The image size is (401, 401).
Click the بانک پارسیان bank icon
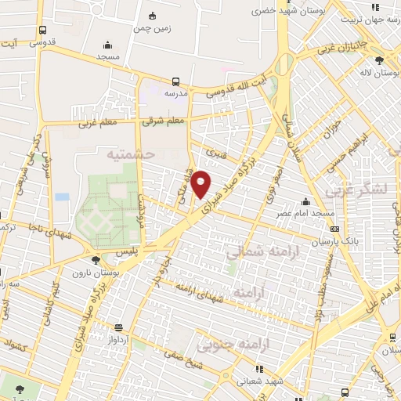click(x=336, y=229)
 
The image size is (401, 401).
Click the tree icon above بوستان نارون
click(x=96, y=259)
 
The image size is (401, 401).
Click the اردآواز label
click(x=118, y=341)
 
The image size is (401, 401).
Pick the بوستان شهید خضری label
click(x=281, y=12)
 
